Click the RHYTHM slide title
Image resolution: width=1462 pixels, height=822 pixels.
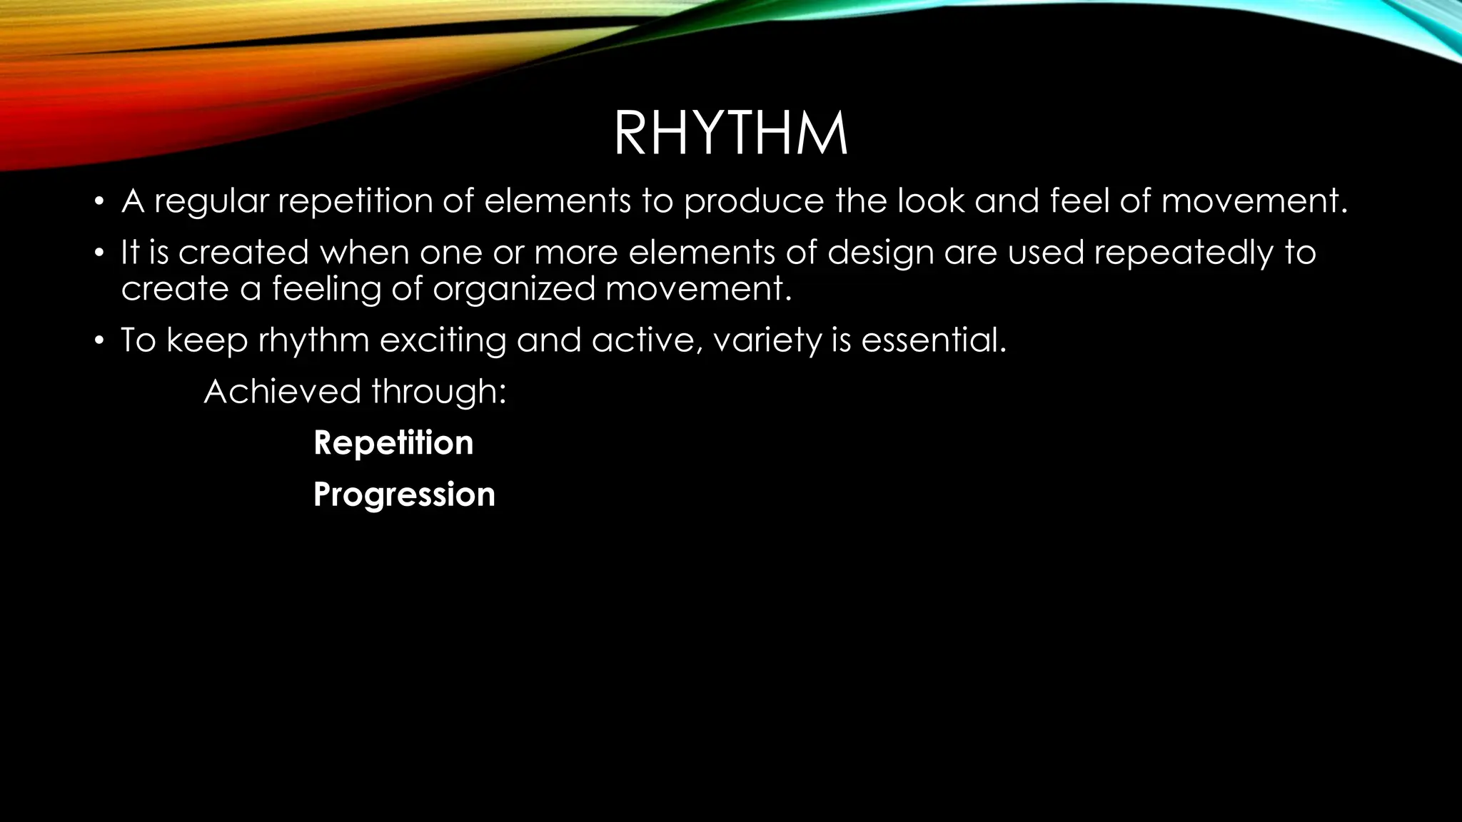coord(730,133)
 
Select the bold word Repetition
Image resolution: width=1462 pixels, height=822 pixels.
coord(393,443)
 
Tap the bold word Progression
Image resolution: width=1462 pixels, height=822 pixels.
coord(404,494)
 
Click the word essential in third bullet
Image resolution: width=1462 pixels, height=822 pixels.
coord(933,340)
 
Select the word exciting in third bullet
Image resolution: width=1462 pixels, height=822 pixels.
coord(442,341)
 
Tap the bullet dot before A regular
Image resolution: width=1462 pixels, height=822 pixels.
coord(99,201)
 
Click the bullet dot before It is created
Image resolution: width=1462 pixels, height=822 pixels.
coord(99,253)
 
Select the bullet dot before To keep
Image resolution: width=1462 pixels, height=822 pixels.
coord(99,340)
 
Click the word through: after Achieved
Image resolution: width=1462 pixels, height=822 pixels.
coord(438,392)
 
